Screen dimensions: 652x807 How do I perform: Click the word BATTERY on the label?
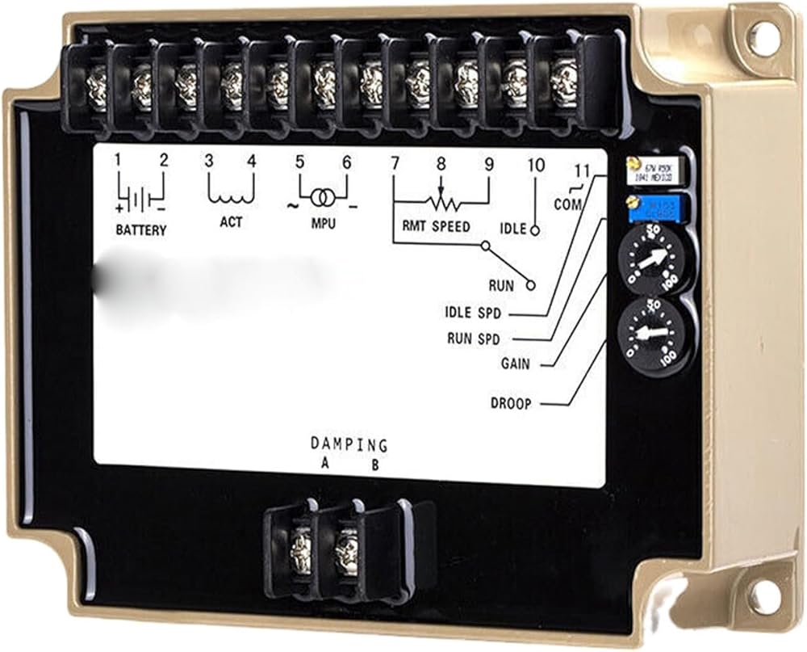141,230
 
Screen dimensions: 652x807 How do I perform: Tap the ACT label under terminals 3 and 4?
231,222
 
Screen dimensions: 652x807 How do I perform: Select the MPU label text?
324,223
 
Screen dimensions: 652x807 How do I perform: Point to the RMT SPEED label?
436,227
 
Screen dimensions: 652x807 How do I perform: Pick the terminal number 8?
441,163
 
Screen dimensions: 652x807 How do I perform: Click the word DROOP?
512,403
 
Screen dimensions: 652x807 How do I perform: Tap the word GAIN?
516,364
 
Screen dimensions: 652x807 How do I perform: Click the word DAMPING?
349,445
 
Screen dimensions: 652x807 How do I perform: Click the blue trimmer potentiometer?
655,207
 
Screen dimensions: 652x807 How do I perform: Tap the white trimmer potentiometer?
655,170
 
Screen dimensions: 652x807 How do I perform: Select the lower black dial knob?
654,334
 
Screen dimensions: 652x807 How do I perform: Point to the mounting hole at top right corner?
762,34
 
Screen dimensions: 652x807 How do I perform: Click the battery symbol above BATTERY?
141,198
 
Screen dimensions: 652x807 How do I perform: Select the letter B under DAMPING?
374,465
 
